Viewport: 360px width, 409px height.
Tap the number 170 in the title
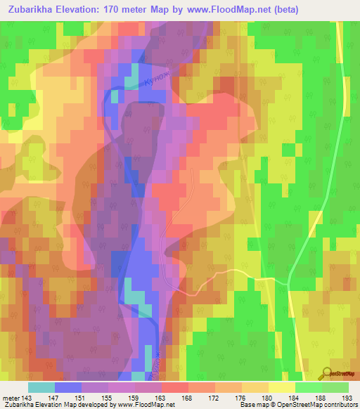click(x=121, y=10)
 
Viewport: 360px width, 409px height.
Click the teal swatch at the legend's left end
click(x=41, y=387)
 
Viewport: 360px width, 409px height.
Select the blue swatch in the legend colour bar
click(x=68, y=387)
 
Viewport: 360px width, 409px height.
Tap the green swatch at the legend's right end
click(x=335, y=387)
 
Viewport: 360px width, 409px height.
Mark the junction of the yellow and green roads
click(x=288, y=281)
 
